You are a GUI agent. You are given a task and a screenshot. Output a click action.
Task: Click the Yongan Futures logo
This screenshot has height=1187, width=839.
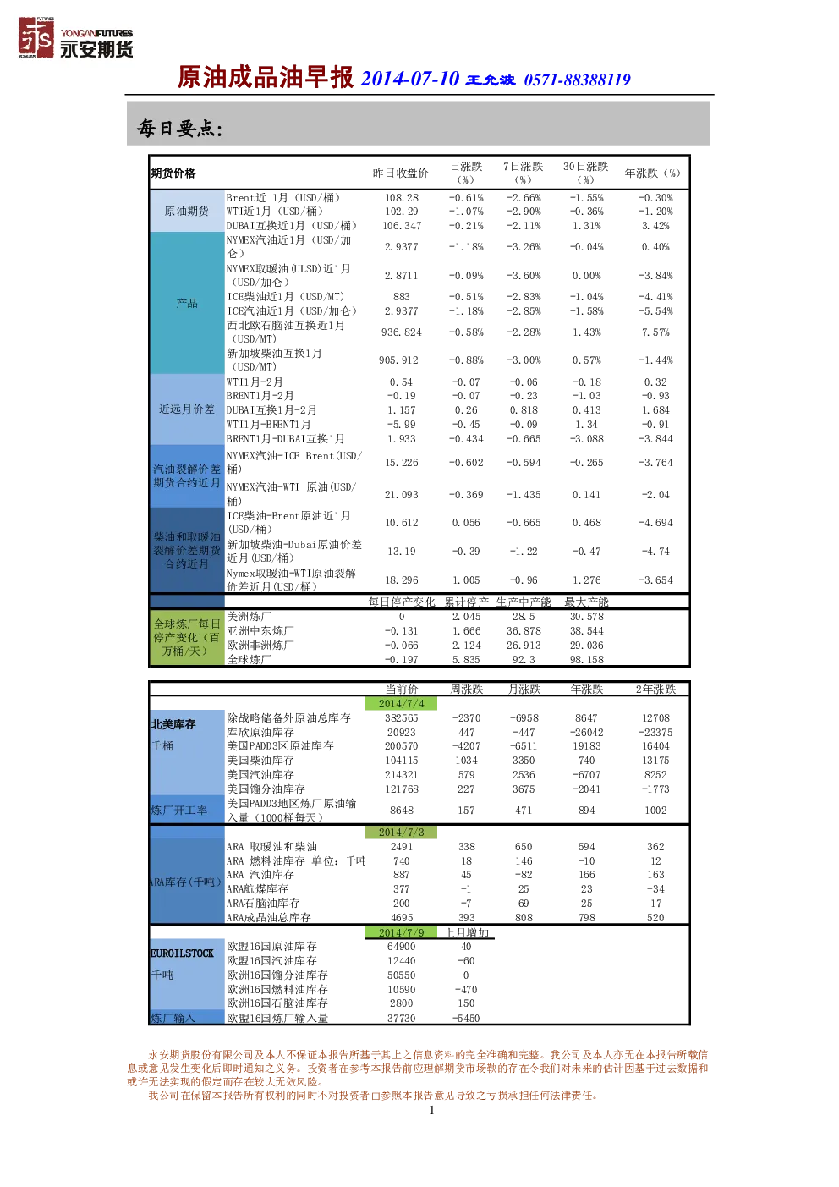[x=75, y=37]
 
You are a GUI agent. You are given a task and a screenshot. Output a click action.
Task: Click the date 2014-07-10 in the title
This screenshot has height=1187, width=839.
[x=409, y=79]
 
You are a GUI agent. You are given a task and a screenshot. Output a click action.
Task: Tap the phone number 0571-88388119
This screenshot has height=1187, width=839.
[x=577, y=80]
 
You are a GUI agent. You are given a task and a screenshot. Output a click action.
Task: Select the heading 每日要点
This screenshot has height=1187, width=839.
[x=179, y=129]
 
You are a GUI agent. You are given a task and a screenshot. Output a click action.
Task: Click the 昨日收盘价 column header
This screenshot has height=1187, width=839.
[x=400, y=173]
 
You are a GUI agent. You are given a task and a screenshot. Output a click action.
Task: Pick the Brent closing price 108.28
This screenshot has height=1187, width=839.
[x=402, y=198]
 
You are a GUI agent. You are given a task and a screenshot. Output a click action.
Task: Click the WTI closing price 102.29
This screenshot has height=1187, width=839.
[x=402, y=212]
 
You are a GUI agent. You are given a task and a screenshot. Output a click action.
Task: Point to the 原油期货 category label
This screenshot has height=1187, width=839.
[x=186, y=212]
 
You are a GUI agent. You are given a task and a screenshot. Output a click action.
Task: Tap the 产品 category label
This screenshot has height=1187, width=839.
[x=186, y=303]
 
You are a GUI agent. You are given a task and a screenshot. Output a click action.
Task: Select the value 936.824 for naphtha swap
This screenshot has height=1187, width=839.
[x=402, y=332]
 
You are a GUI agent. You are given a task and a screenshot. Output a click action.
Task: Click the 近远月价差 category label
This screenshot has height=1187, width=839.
[x=186, y=409]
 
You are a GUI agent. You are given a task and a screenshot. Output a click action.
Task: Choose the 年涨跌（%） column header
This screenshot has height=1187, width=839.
[x=652, y=173]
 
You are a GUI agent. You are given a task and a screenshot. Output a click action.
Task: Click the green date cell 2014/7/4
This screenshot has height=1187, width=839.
[x=401, y=704]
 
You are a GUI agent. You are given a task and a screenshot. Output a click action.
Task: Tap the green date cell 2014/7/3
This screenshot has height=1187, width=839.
[x=401, y=833]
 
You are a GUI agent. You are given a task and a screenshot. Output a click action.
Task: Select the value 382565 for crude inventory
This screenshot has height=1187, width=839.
[x=401, y=718]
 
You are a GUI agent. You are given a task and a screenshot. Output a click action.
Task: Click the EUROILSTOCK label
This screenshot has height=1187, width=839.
[x=182, y=953]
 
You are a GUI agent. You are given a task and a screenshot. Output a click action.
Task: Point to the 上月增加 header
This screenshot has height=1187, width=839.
[x=466, y=932]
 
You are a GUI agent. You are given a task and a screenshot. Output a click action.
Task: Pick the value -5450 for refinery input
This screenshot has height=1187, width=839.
[x=466, y=1018]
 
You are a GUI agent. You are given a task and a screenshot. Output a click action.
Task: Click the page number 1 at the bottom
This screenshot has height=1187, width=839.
[x=432, y=1110]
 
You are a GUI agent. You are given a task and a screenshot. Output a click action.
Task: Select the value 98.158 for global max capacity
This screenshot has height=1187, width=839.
[x=586, y=660]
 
